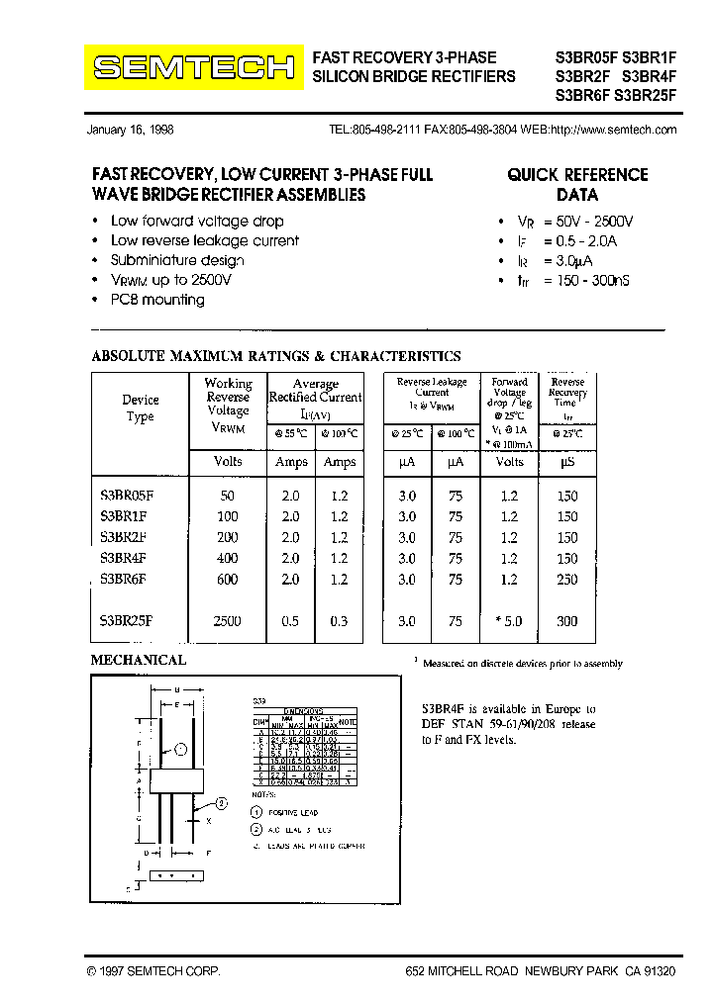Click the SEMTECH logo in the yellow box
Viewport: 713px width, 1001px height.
click(x=193, y=67)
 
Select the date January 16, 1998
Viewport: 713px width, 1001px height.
click(x=131, y=130)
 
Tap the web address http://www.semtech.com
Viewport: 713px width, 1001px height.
click(x=613, y=130)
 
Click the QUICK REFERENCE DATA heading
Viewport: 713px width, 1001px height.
click(x=577, y=185)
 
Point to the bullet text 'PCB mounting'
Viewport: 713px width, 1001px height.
click(x=157, y=300)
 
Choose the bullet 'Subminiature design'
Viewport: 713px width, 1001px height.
click(x=177, y=260)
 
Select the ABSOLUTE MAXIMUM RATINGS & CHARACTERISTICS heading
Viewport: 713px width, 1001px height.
click(x=276, y=356)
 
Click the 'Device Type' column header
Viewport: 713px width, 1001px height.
click(x=140, y=408)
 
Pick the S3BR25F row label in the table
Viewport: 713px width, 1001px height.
click(x=127, y=621)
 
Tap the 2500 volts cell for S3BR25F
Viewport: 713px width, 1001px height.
click(x=227, y=621)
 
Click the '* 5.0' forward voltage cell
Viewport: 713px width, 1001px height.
click(x=508, y=621)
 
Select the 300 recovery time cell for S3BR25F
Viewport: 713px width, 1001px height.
click(x=566, y=621)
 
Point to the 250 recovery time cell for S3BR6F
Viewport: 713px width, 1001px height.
click(x=566, y=580)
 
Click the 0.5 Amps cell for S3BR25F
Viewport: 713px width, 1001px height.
click(x=290, y=621)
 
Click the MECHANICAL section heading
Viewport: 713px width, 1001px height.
click(x=139, y=660)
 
